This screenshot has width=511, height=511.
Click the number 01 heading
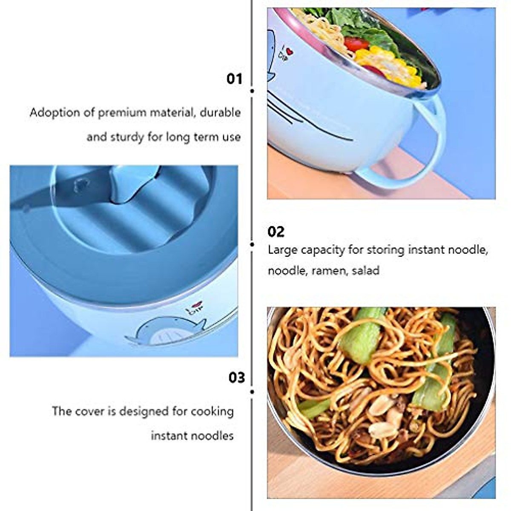tap(234, 79)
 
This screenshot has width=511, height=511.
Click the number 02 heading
tap(276, 232)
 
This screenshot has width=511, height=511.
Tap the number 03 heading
tap(237, 377)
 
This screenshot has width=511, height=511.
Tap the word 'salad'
tap(365, 270)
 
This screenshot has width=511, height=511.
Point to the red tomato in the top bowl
tap(356, 43)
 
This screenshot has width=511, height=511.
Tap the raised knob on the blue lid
tap(128, 185)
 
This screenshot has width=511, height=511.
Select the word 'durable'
tap(220, 113)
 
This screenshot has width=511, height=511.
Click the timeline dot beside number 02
tap(252, 244)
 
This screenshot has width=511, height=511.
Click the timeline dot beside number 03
tap(252, 391)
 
